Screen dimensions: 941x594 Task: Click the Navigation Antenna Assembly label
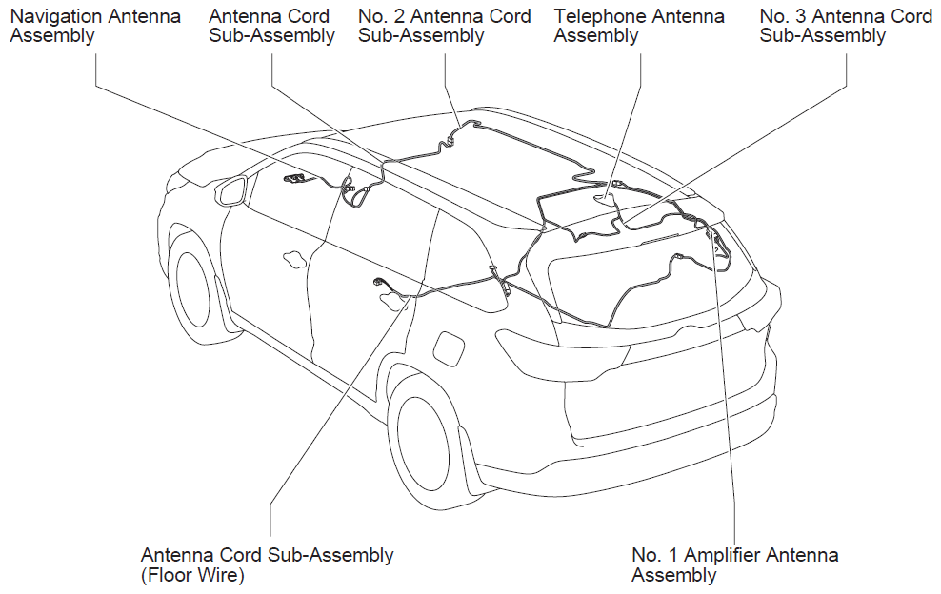[95, 26]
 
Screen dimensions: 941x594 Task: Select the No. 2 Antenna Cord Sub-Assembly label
[445, 26]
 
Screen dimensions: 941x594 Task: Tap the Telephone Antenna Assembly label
[639, 26]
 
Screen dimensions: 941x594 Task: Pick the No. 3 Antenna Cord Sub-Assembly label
[846, 26]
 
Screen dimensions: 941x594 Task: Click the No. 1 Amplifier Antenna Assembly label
[734, 564]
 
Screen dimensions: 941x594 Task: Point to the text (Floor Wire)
[192, 575]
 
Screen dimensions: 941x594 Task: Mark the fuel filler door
[448, 347]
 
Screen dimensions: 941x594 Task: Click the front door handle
[294, 259]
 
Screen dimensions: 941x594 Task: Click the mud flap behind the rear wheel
[474, 458]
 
